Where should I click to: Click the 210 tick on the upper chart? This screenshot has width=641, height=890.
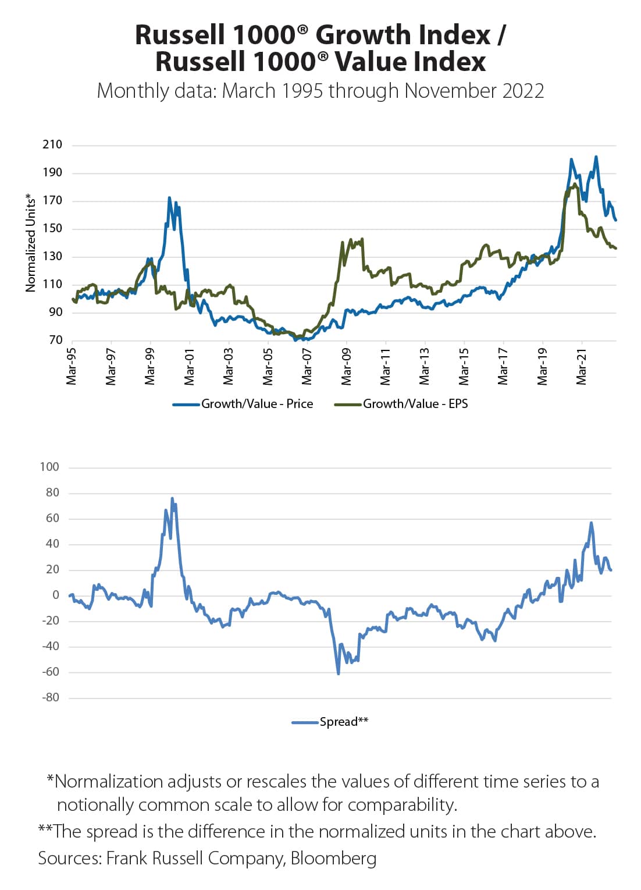coord(52,144)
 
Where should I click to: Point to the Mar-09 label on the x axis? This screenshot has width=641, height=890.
coord(346,367)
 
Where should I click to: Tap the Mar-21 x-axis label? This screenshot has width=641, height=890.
coord(581,367)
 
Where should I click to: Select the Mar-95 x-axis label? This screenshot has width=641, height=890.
coord(72,367)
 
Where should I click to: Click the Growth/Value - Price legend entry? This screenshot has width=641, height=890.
coord(257,404)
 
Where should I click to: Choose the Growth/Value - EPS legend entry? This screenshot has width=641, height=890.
coord(415,404)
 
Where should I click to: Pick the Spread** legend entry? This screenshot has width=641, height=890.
coord(343,722)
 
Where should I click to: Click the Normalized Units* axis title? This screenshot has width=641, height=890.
coord(31,243)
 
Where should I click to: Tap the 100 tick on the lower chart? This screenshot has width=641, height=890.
coord(49,467)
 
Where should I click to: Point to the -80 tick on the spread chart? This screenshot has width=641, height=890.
coord(51,697)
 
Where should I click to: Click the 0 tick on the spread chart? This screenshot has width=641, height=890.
coord(56,595)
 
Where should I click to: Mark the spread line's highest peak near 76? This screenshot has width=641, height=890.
coord(172,499)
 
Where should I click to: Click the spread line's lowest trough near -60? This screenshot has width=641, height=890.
coord(339,673)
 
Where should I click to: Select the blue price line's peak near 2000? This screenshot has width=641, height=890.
coord(169,198)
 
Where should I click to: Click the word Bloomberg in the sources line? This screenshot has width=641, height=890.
coord(333,858)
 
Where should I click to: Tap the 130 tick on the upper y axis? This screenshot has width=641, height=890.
coord(52,256)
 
